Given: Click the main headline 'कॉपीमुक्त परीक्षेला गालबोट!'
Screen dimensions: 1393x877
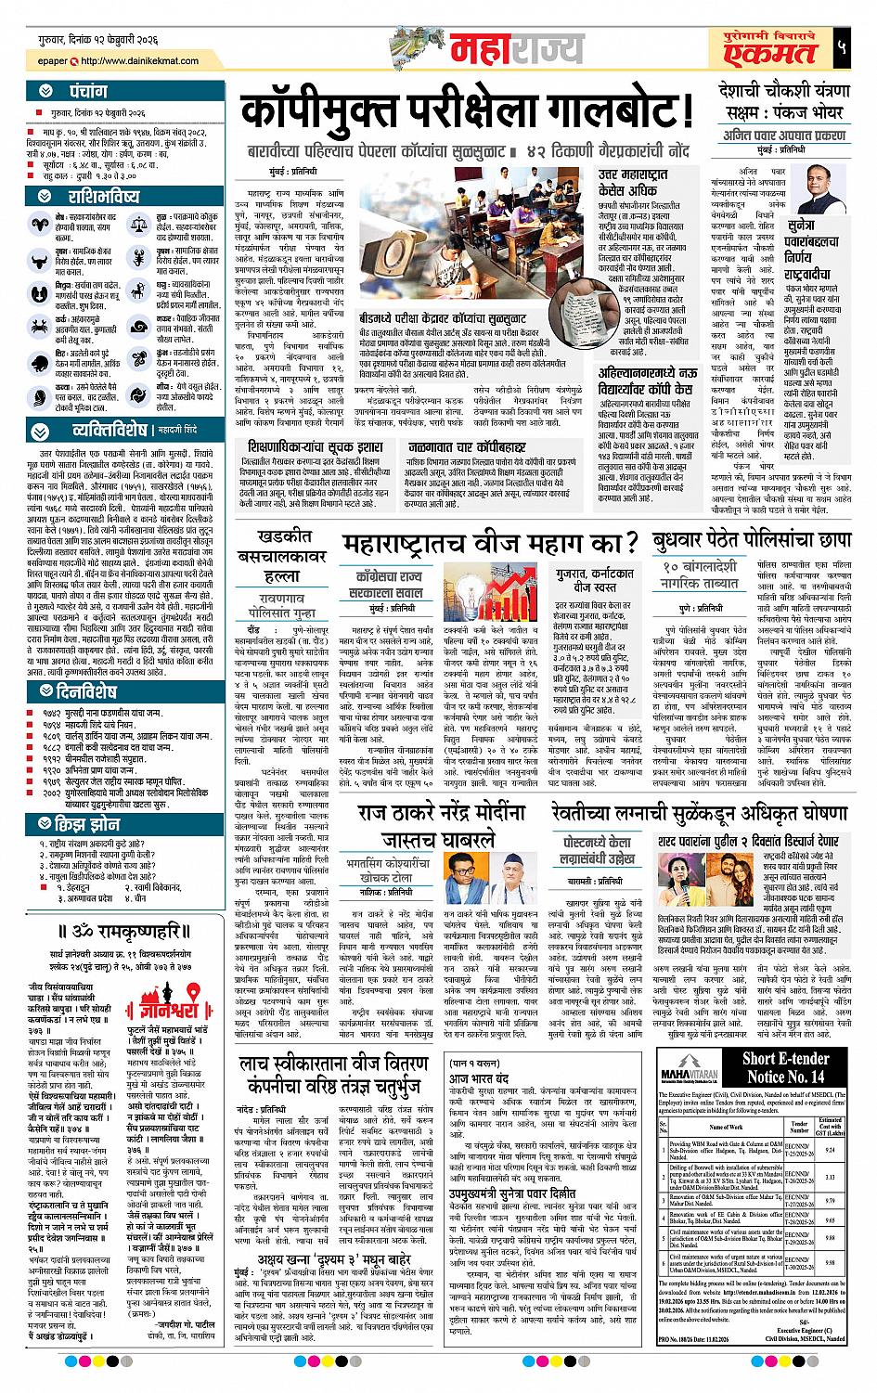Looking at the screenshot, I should [x=467, y=114].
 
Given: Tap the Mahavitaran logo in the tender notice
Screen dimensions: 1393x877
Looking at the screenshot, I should [x=695, y=1064].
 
